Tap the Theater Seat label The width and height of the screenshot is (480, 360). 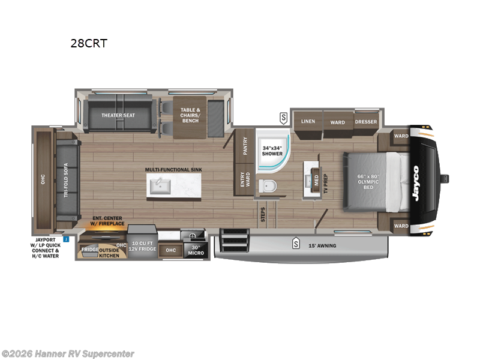click(x=118, y=115)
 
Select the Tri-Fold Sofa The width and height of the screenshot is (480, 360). click(x=67, y=180)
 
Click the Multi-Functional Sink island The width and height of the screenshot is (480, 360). click(x=173, y=185)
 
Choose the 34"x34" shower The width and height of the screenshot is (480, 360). click(x=272, y=150)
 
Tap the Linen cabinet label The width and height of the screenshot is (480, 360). click(x=308, y=121)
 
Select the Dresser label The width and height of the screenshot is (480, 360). click(x=366, y=121)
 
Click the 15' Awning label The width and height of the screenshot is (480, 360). click(x=322, y=245)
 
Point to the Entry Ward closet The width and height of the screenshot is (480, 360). click(x=245, y=179)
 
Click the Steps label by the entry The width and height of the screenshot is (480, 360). click(x=263, y=215)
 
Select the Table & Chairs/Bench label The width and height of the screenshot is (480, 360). click(x=190, y=115)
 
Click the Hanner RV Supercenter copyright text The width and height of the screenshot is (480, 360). click(x=68, y=354)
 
